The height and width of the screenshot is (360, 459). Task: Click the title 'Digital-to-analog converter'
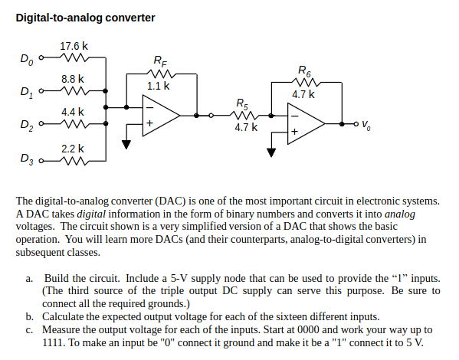(x=85, y=18)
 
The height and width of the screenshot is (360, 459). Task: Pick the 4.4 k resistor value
(x=73, y=112)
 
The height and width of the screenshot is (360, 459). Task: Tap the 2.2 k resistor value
(x=73, y=147)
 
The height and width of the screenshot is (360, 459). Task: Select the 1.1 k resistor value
(x=158, y=87)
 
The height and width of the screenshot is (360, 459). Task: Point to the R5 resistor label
(x=242, y=103)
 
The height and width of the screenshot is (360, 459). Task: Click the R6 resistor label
(x=303, y=70)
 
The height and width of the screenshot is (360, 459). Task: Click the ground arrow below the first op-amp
(x=126, y=143)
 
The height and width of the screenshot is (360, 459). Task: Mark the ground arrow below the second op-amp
(x=270, y=152)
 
